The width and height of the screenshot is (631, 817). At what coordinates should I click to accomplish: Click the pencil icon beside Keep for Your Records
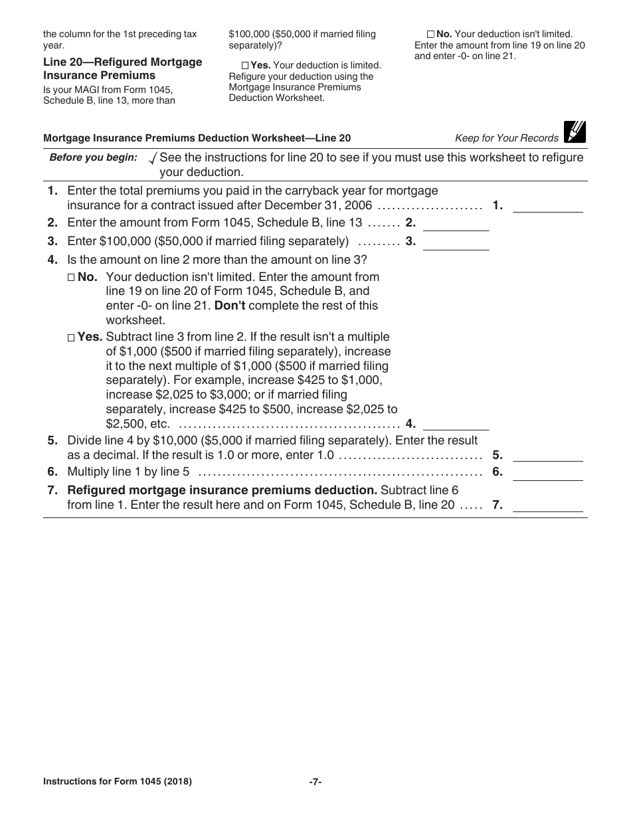[575, 133]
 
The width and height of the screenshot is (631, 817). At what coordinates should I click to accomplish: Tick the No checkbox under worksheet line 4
[72, 278]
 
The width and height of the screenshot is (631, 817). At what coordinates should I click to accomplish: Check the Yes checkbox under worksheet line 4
[72, 337]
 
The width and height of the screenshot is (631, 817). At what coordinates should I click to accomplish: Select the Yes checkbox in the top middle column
[245, 66]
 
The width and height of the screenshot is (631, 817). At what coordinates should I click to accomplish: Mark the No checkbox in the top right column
[430, 34]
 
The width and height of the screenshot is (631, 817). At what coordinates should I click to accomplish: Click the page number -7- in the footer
[315, 782]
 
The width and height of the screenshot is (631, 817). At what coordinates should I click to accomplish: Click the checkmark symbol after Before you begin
[153, 158]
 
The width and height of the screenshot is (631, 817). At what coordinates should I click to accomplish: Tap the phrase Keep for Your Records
[507, 138]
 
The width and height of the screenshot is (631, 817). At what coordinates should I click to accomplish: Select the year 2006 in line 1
[358, 205]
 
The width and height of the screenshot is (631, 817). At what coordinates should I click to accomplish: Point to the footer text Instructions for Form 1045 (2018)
[118, 782]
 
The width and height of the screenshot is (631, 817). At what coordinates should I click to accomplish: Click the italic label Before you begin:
[94, 157]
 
